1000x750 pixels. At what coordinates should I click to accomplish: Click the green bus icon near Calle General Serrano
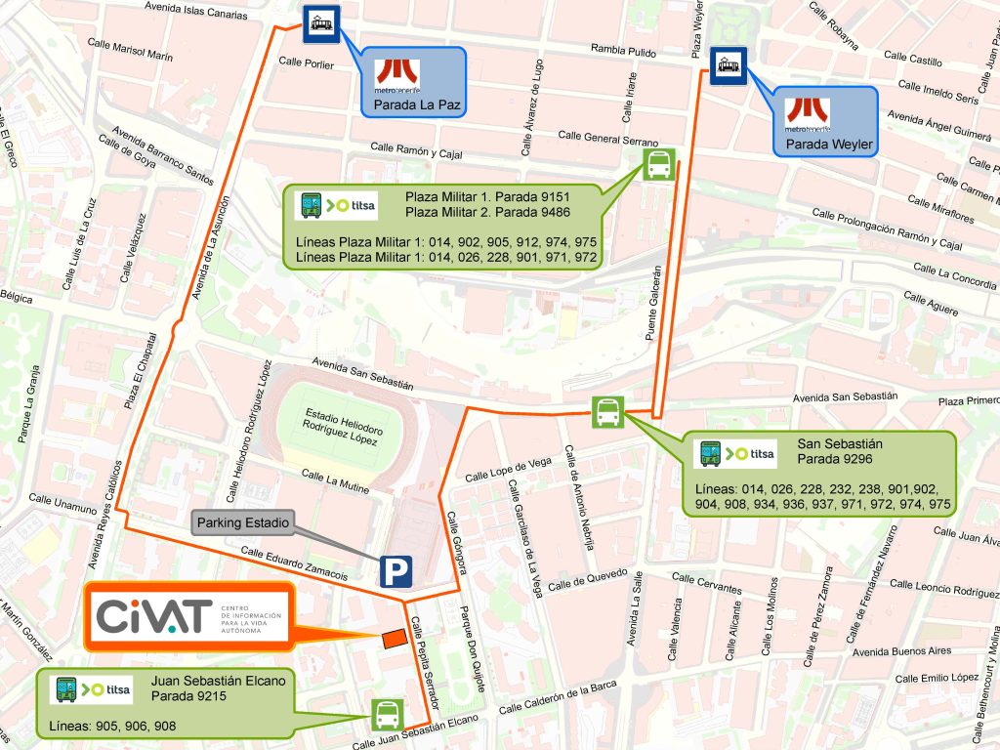(x=658, y=165)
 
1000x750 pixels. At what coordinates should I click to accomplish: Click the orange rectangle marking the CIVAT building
(x=394, y=638)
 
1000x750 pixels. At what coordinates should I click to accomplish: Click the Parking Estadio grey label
(x=243, y=523)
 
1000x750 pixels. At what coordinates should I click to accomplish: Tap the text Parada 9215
(x=188, y=696)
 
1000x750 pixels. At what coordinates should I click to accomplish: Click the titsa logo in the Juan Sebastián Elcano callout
(x=94, y=689)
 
